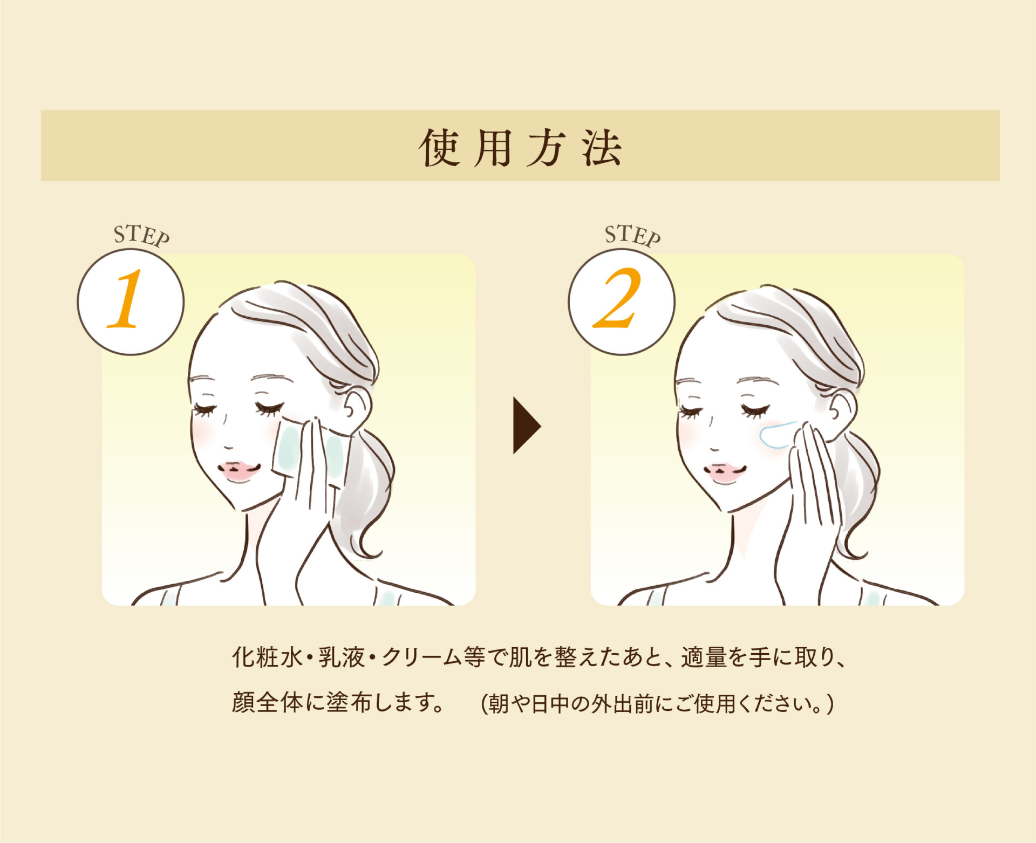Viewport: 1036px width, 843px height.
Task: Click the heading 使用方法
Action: (x=520, y=147)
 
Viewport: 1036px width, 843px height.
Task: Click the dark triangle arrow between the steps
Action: (x=526, y=426)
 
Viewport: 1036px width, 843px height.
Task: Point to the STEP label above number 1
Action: (x=141, y=236)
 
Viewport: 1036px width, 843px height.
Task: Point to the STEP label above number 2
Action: (x=632, y=236)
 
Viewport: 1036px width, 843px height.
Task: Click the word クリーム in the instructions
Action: (x=422, y=657)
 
